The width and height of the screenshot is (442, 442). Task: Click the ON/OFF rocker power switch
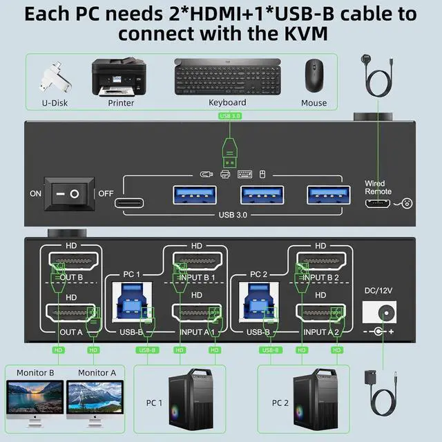tap(70, 193)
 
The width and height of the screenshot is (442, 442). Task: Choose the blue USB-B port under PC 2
tap(258, 305)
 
